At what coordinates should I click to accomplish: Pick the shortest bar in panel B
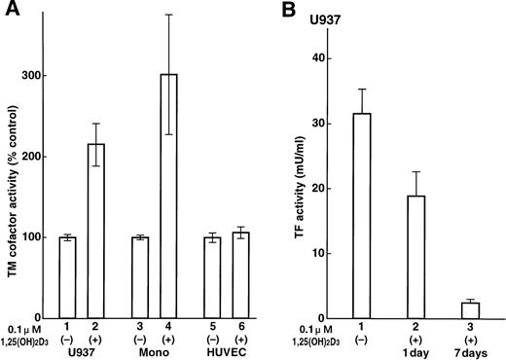pyautogui.click(x=470, y=309)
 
